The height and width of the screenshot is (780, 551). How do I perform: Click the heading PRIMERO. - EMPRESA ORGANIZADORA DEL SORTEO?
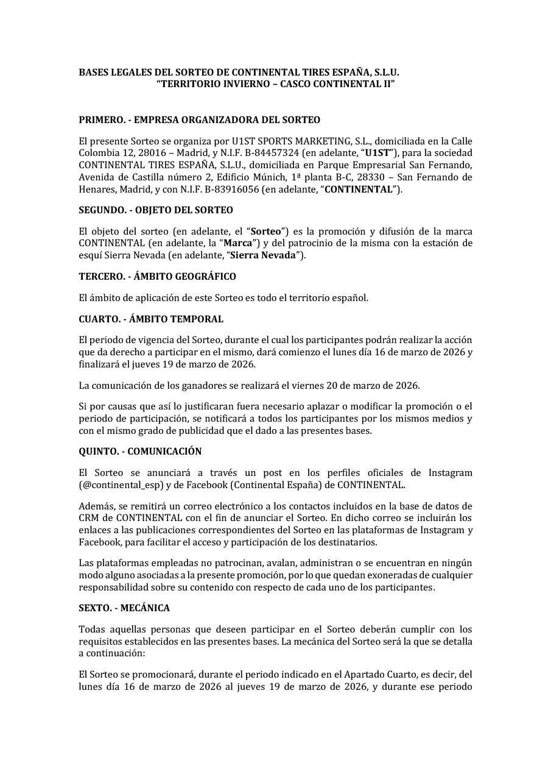click(199, 120)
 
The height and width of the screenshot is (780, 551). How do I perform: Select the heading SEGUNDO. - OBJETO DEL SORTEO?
click(156, 210)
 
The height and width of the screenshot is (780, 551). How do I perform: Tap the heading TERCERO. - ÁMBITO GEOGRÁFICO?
click(157, 277)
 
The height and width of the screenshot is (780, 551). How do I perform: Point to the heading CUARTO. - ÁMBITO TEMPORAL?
click(151, 319)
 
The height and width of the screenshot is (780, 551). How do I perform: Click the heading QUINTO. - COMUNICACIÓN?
click(140, 452)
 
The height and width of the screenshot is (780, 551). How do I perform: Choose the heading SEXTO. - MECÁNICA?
click(124, 608)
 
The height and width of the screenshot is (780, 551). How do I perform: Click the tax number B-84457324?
click(270, 152)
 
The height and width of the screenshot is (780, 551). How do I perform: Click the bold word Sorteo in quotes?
click(266, 232)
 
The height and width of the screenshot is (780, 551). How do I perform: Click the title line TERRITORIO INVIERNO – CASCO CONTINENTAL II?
click(275, 84)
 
